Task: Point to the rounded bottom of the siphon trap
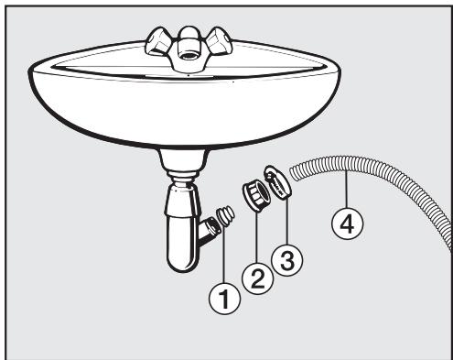[x=181, y=265]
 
